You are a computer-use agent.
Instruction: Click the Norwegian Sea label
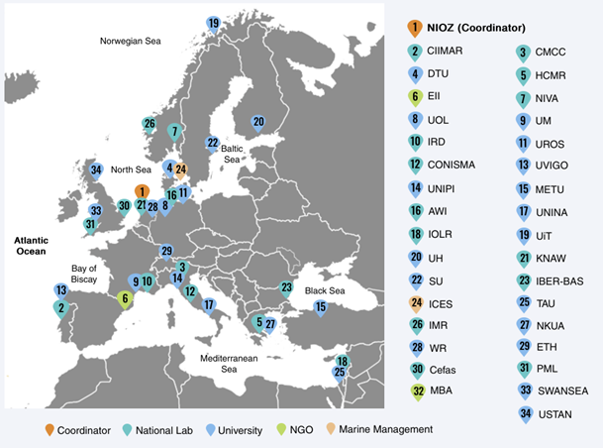[x=131, y=41]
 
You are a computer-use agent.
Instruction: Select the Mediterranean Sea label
[x=229, y=362]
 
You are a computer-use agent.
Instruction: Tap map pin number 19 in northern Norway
[x=213, y=23]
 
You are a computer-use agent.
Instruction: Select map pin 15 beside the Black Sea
[x=320, y=307]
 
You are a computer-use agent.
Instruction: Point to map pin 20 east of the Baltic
[x=257, y=123]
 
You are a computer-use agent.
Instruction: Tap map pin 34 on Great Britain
[x=96, y=169]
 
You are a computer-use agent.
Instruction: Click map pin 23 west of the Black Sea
[x=286, y=288]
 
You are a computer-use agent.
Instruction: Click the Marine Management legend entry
[x=385, y=429]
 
